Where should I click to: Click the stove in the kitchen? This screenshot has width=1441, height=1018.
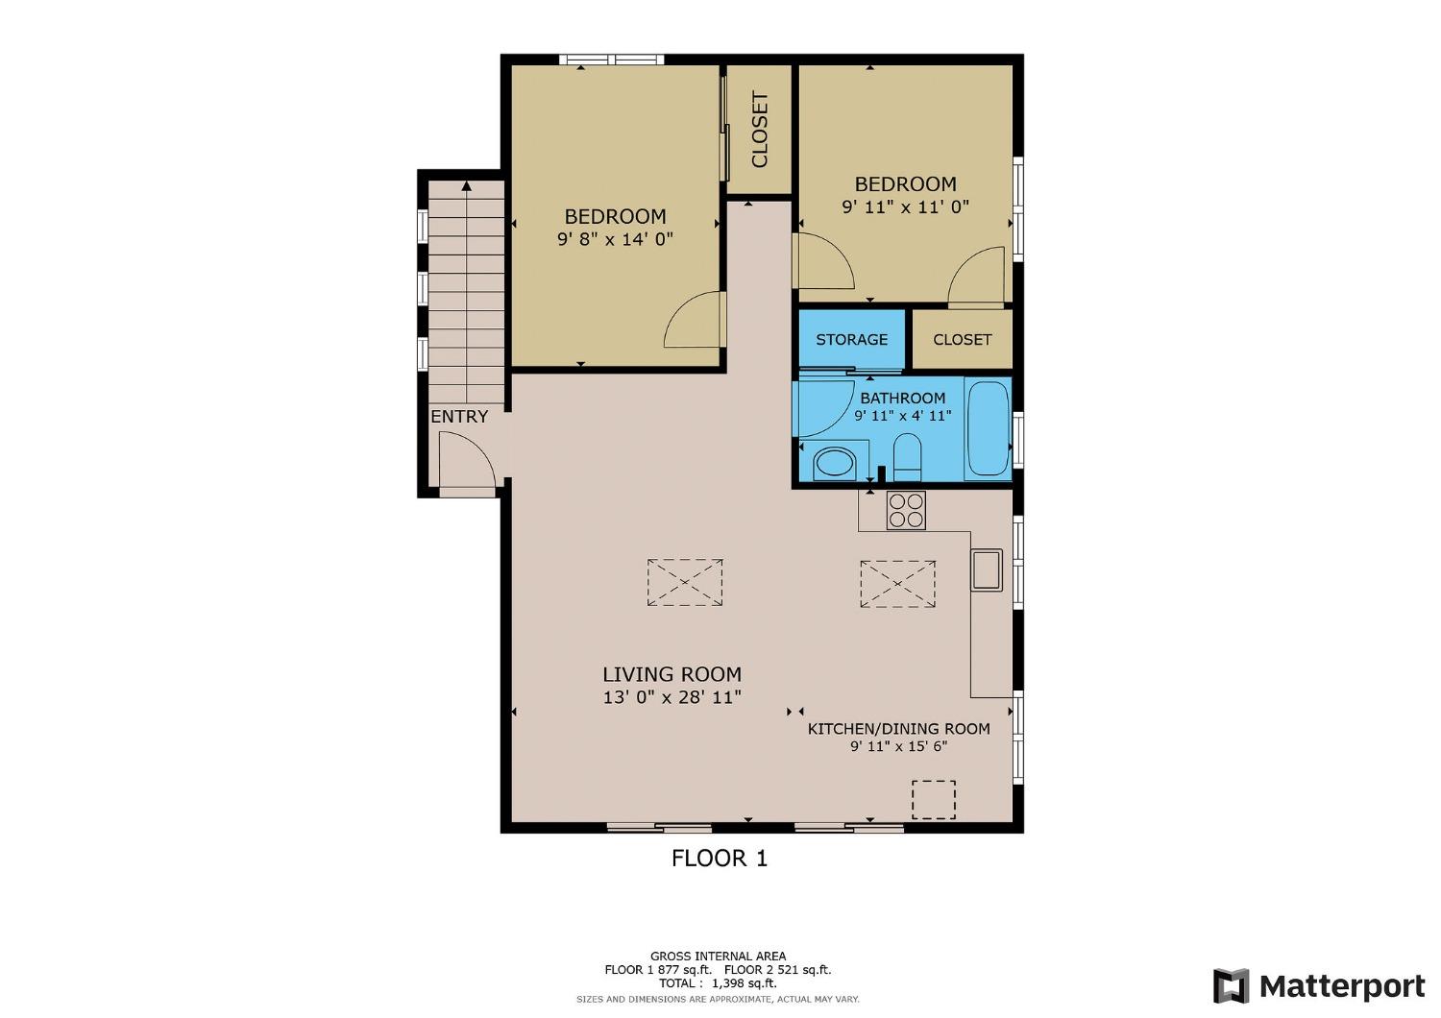pos(906,510)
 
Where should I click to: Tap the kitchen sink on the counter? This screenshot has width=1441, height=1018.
pos(986,569)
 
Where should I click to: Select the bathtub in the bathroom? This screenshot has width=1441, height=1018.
pos(988,428)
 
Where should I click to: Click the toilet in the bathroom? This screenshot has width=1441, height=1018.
pos(907,456)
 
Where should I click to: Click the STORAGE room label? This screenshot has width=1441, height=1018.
pos(851,339)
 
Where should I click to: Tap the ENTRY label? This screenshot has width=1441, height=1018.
pos(459,417)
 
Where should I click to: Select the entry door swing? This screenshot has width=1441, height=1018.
pos(466,461)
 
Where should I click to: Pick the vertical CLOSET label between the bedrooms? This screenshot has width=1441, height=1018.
pos(759,130)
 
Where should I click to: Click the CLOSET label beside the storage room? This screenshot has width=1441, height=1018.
pos(962,339)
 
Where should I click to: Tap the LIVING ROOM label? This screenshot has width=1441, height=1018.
pos(672,674)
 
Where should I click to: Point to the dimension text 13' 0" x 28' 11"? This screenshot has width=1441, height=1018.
pos(672,697)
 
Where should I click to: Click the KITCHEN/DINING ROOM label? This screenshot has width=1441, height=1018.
pos(898,729)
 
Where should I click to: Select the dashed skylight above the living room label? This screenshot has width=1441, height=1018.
pos(685,582)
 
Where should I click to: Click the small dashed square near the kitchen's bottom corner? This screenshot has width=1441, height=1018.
pos(933,799)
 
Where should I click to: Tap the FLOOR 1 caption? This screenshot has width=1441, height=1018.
pos(720,858)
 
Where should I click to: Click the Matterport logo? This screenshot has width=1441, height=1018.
pos(1319,986)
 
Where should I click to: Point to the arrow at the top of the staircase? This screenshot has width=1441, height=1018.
pos(466,186)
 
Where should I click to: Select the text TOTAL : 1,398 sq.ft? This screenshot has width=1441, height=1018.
pos(718,982)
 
